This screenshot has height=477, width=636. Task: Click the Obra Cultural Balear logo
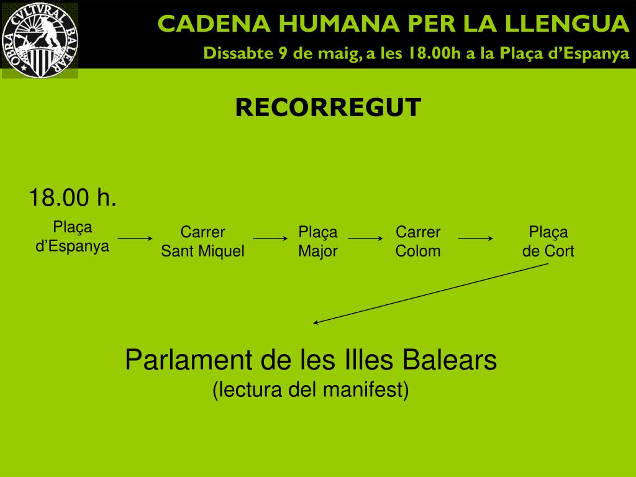click(x=40, y=40)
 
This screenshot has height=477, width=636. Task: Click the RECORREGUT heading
click(x=328, y=107)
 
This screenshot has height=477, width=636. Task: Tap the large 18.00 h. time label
click(x=73, y=199)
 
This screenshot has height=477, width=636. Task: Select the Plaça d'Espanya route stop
click(x=72, y=237)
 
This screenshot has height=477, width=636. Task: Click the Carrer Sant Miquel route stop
click(x=202, y=242)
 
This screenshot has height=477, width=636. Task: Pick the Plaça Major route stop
click(x=318, y=242)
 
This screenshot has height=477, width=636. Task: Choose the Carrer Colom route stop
click(x=418, y=242)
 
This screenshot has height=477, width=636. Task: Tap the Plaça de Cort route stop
click(x=548, y=242)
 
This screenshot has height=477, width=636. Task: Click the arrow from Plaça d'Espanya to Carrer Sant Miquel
click(x=135, y=238)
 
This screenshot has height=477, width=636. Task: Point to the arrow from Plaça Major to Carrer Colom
click(x=365, y=238)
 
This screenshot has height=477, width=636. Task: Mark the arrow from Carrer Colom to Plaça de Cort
click(x=476, y=238)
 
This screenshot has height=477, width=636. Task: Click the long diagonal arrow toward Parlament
click(x=431, y=293)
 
